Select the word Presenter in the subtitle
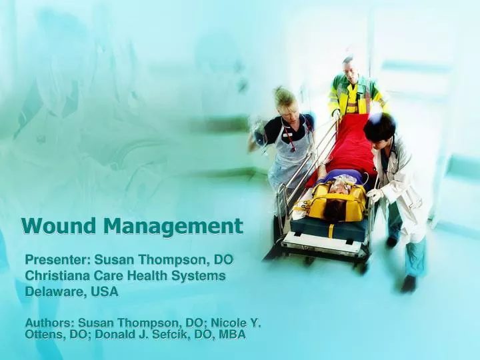click(x=57, y=259)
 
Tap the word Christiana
click(x=56, y=275)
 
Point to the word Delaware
click(x=51, y=291)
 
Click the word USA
click(x=105, y=291)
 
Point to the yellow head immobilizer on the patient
click(x=337, y=200)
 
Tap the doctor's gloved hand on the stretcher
click(x=375, y=195)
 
